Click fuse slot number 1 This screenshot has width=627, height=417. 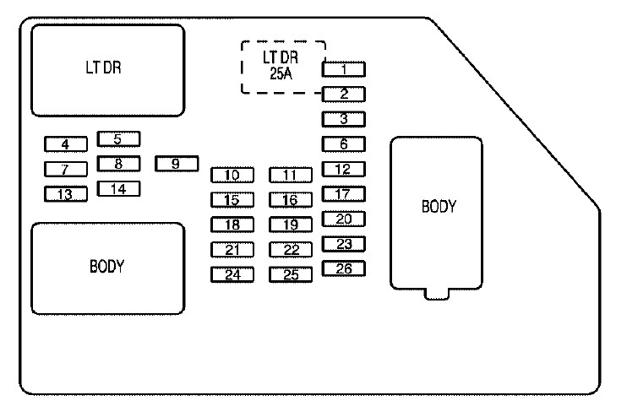pyautogui.click(x=343, y=69)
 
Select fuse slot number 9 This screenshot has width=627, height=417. pyautogui.click(x=177, y=164)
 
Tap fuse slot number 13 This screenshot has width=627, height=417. pyautogui.click(x=66, y=194)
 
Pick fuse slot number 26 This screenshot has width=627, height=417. pyautogui.click(x=343, y=268)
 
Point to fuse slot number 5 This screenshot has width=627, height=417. pyautogui.click(x=119, y=139)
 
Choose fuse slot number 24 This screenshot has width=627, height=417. pyautogui.click(x=232, y=275)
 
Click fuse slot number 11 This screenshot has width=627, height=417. pyautogui.click(x=291, y=175)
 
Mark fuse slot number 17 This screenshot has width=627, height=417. pyautogui.click(x=343, y=194)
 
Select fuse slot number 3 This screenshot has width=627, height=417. pyautogui.click(x=343, y=119)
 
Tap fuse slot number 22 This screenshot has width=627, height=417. pyautogui.click(x=291, y=250)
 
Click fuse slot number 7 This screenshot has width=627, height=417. pyautogui.click(x=66, y=170)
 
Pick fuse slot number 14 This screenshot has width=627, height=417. pyautogui.click(x=119, y=189)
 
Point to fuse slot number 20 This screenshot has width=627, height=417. pyautogui.click(x=343, y=219)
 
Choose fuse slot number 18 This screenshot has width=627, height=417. pyautogui.click(x=232, y=225)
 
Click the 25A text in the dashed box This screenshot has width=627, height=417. pyautogui.click(x=281, y=74)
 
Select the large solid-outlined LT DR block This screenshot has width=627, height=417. pyautogui.click(x=108, y=70)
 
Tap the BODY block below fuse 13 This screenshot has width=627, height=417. pyautogui.click(x=108, y=268)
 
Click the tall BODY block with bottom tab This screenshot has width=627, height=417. pyautogui.click(x=436, y=214)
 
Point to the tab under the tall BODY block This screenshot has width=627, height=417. pyautogui.click(x=437, y=294)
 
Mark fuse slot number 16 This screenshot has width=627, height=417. pyautogui.click(x=291, y=200)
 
